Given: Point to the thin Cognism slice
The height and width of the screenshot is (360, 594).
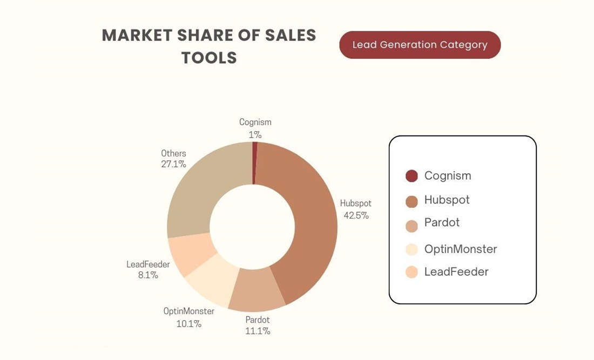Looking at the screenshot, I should [254, 162].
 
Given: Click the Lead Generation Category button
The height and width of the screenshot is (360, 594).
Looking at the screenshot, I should [420, 45].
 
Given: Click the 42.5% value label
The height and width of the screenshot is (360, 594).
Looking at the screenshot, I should [356, 215].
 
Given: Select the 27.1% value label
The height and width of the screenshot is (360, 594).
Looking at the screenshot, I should [173, 164].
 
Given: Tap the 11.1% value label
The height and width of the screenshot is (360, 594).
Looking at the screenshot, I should [258, 331].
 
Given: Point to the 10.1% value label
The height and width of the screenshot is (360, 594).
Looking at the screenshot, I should [188, 324].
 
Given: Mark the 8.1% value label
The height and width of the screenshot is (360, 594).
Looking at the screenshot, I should [148, 275].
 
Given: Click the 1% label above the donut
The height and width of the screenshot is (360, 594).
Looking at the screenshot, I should [255, 134].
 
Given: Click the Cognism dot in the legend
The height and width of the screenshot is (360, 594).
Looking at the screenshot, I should [411, 176].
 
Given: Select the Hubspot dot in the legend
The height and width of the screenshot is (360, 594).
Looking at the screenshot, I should [411, 202].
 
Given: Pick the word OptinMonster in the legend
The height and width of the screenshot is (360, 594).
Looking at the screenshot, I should [460, 249].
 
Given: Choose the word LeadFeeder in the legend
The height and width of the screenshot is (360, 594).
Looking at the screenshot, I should [456, 271].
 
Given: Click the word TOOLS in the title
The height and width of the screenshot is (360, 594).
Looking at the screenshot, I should [209, 58].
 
